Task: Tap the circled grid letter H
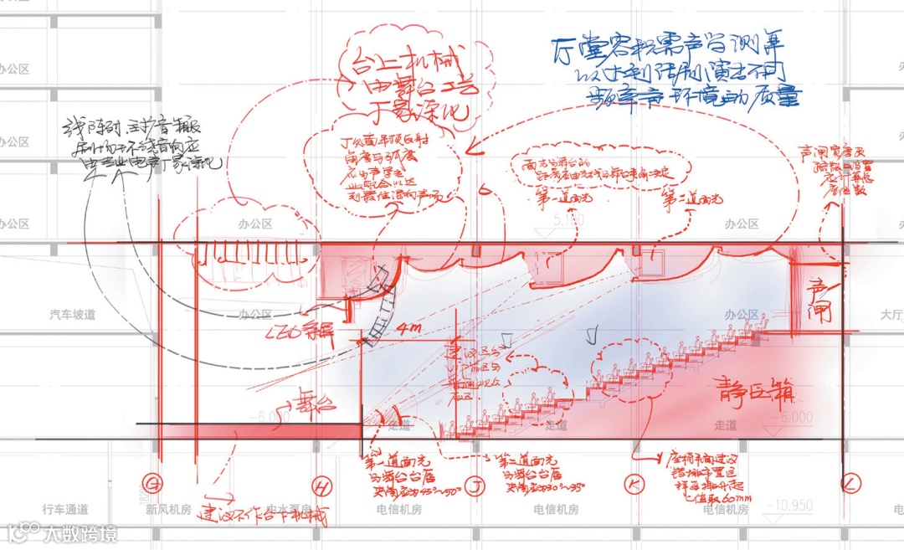(322, 485)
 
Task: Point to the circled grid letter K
(632, 483)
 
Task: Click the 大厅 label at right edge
(891, 315)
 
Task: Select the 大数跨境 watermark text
(80, 533)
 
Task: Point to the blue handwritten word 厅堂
(573, 50)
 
